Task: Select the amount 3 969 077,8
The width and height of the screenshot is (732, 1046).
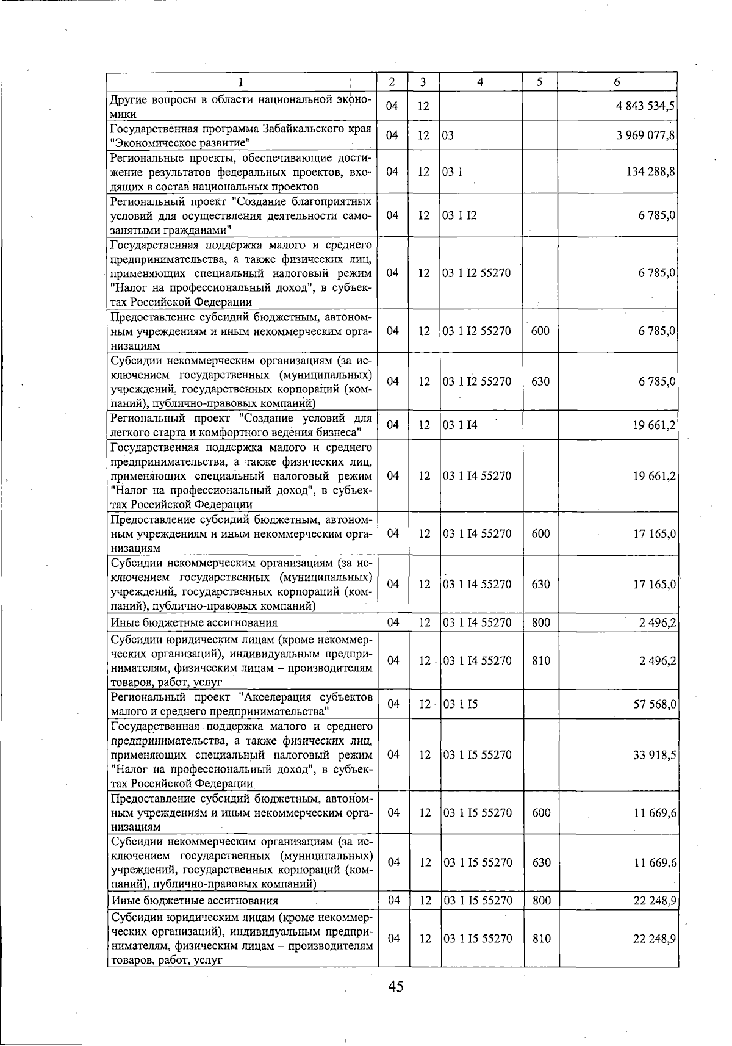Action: point(645,135)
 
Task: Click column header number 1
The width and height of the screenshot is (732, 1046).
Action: point(240,81)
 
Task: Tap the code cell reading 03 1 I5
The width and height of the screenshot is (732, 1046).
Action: point(460,704)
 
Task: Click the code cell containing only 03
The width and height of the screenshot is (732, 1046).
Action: point(448,135)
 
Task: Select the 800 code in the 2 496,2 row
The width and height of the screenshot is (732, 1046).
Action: point(540,622)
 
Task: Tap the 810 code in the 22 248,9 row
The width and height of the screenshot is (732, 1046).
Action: point(541,939)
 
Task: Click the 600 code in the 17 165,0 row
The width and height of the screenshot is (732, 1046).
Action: point(540,533)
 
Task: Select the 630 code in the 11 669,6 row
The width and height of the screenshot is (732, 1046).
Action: point(541,862)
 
